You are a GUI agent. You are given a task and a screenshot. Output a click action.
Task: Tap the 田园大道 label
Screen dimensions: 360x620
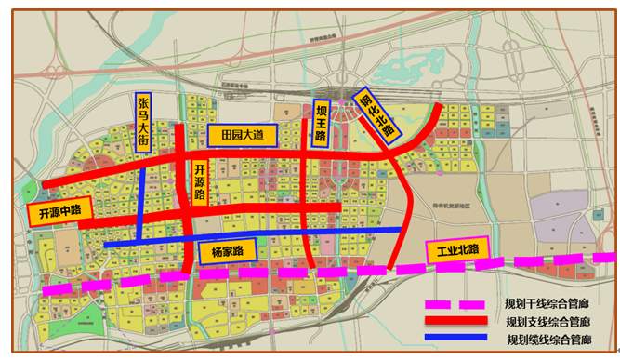click(244, 136)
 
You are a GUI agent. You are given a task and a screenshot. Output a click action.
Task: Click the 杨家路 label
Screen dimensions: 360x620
click(227, 251)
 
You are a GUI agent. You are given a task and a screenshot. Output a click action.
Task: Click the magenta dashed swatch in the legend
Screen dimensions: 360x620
click(455, 304)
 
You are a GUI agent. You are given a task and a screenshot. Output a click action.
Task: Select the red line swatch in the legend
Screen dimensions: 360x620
click(455, 322)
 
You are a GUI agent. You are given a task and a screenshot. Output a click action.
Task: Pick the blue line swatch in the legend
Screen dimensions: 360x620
click(455, 339)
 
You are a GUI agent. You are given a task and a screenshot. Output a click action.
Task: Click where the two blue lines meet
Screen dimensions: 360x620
click(139, 244)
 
